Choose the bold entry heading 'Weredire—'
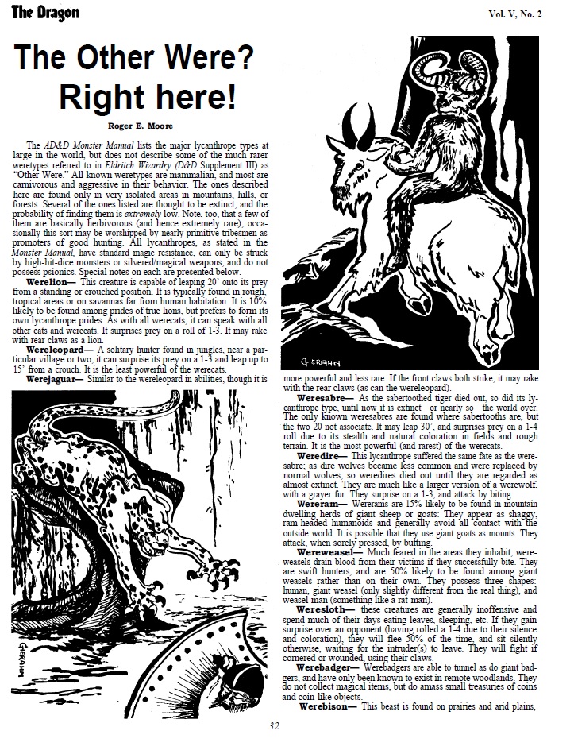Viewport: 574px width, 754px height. (x=322, y=457)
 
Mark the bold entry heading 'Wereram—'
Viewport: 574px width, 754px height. (x=321, y=503)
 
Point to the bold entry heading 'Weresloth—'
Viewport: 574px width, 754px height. (x=326, y=609)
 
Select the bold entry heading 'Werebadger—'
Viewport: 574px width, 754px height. (x=329, y=668)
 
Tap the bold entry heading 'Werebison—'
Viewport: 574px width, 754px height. (x=328, y=706)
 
